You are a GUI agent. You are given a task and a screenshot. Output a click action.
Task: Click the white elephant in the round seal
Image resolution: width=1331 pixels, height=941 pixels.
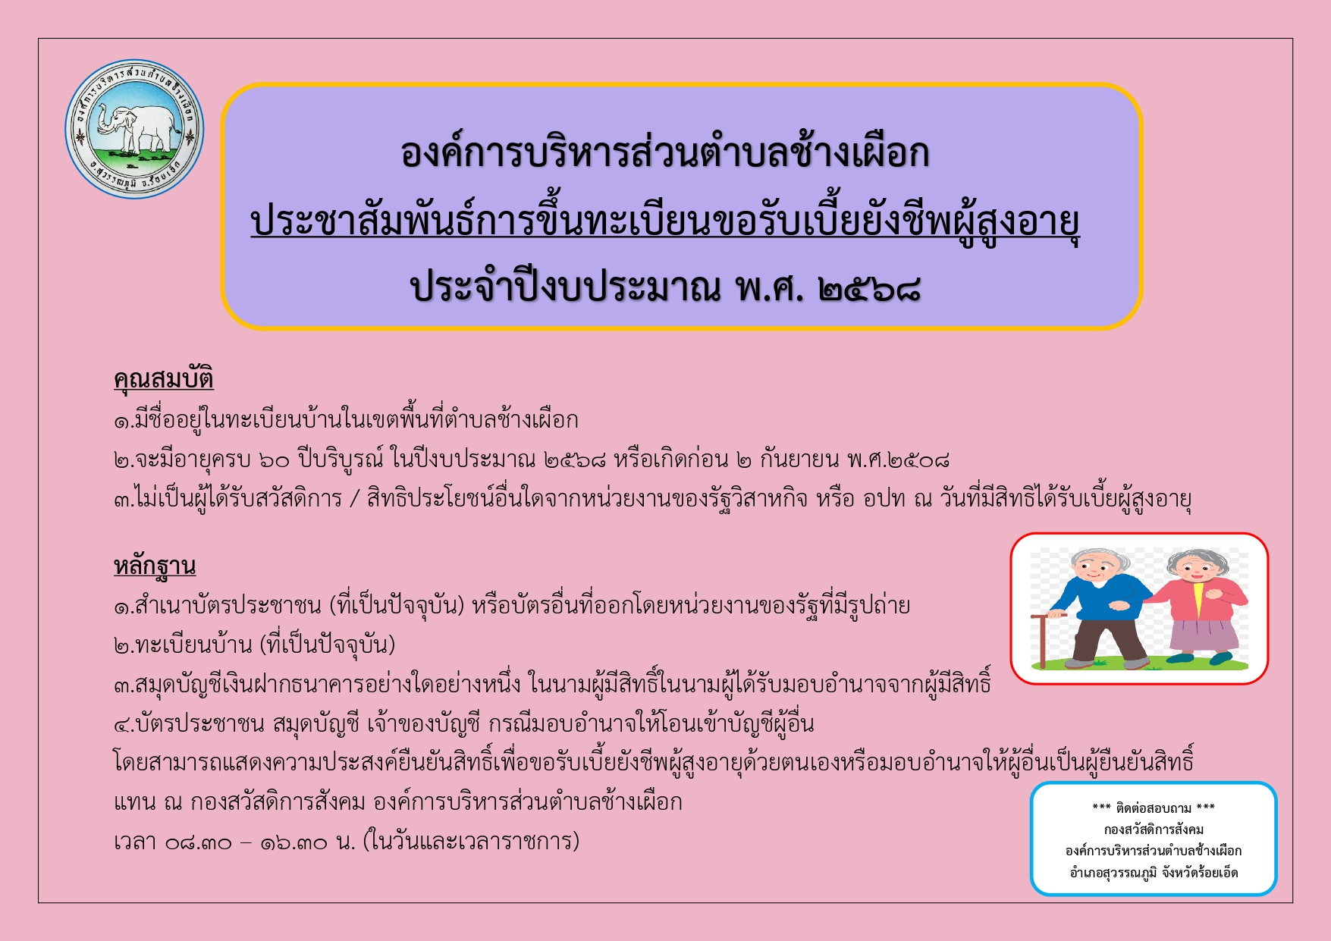point(137,127)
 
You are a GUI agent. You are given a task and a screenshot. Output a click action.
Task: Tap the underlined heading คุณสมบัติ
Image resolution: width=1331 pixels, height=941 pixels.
point(164,378)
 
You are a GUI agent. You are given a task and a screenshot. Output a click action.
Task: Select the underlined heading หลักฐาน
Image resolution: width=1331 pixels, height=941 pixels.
point(155,566)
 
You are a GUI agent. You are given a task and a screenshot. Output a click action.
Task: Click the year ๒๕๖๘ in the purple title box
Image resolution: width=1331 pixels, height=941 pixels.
point(870,288)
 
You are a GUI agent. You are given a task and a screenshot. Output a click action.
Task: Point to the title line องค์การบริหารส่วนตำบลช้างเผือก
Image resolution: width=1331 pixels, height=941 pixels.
point(665,152)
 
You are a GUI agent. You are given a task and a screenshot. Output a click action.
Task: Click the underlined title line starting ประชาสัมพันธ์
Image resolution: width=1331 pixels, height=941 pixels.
point(665,222)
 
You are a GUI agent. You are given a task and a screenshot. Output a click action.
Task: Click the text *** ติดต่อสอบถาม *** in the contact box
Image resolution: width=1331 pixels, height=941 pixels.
point(1154,808)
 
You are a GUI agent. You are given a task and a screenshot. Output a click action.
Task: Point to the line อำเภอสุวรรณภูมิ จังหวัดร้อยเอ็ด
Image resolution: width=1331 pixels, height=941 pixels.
point(1154,873)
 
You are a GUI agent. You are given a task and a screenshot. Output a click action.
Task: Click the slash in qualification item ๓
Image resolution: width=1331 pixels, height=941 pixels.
point(354,499)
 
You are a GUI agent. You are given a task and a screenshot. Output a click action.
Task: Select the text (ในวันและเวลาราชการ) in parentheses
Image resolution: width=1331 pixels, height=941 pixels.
point(471,842)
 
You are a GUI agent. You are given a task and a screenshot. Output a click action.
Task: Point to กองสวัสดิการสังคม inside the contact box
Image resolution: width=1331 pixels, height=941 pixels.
point(1154,830)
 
